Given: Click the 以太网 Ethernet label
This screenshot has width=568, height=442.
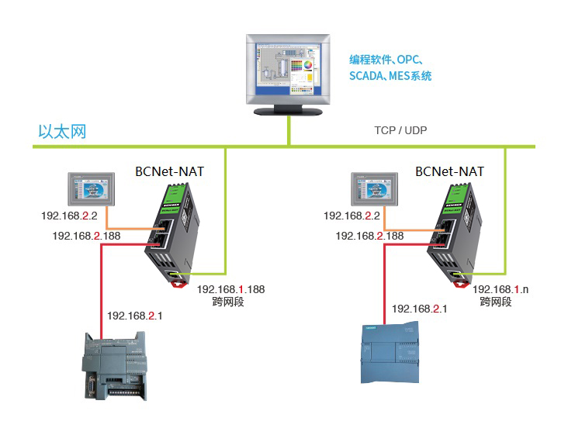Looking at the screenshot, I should [x=62, y=131].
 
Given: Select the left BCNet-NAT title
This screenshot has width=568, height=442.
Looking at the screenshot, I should [x=169, y=171].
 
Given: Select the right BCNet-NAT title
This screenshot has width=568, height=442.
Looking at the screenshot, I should [x=449, y=171].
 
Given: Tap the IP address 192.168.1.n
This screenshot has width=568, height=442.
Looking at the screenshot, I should [x=500, y=289].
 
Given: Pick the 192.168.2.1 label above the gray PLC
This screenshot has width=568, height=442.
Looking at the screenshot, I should [x=135, y=316].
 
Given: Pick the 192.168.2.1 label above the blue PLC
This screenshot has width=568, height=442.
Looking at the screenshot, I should [x=420, y=309].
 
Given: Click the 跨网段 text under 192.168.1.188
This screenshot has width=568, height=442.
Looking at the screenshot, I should [x=228, y=302].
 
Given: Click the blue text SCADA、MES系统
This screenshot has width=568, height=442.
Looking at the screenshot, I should [x=390, y=76].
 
